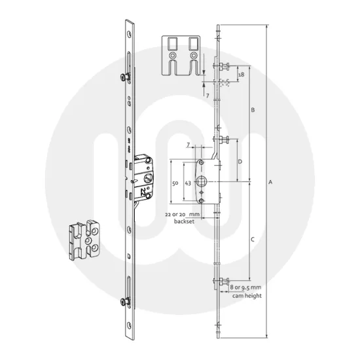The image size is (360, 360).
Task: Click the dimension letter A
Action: point(269,183)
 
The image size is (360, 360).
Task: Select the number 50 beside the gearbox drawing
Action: point(174,184)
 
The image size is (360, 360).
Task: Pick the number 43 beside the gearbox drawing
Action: point(188,184)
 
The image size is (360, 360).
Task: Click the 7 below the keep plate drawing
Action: point(207,95)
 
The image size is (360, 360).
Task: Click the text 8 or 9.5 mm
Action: point(246,287)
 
